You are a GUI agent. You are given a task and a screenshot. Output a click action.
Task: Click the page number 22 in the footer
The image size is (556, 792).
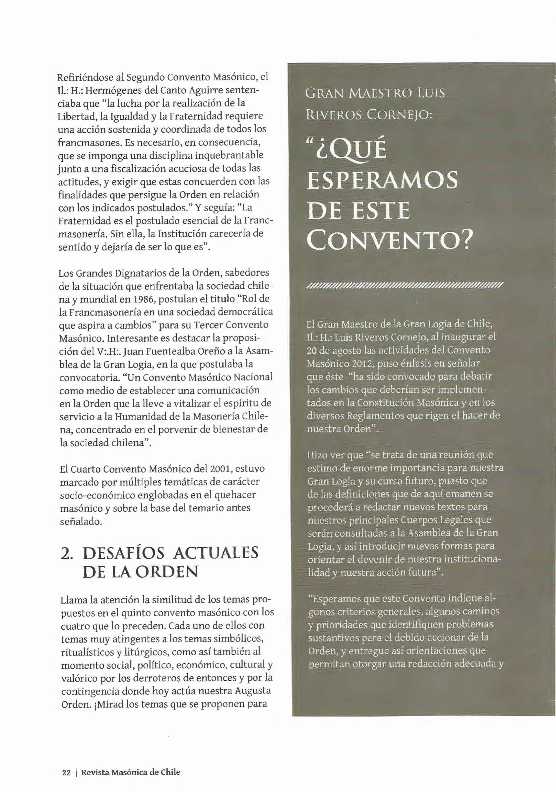pyautogui.click(x=66, y=772)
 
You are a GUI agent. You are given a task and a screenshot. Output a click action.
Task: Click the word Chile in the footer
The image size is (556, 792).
pyautogui.click(x=170, y=772)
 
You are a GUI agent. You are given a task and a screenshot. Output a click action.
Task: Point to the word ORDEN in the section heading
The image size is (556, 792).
pyautogui.click(x=167, y=572)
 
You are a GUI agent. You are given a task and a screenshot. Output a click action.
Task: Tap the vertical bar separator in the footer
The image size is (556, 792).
pyautogui.click(x=76, y=772)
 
